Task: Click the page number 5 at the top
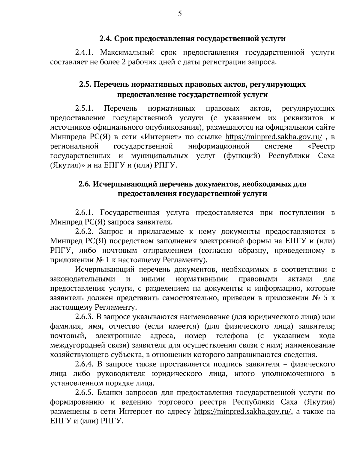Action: point(180,14)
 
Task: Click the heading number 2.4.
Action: point(106,39)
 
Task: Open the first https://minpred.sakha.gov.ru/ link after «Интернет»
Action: point(274,137)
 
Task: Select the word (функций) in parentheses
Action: point(241,156)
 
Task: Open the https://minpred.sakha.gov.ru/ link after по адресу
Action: point(243,411)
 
